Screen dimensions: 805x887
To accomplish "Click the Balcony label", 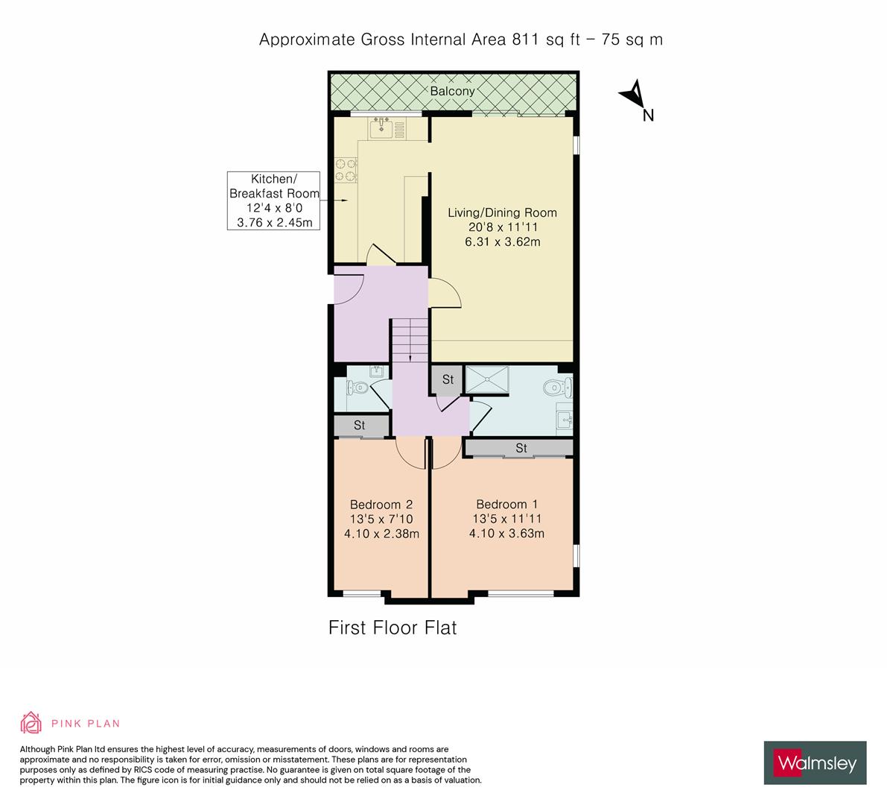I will [x=452, y=91].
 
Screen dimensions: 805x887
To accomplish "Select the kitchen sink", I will [x=382, y=129].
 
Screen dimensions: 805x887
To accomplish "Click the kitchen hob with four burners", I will [x=345, y=169].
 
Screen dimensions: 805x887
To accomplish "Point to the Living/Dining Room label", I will [x=502, y=212].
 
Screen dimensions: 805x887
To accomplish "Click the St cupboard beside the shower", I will [x=448, y=379].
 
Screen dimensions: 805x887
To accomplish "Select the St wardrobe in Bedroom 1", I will [x=521, y=448].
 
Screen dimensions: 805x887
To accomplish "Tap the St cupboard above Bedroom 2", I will [x=360, y=425].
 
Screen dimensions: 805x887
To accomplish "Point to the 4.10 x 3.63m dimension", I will [x=506, y=533].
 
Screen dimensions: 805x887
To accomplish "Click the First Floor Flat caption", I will [x=392, y=628].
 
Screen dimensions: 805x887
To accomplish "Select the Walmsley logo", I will [x=815, y=763].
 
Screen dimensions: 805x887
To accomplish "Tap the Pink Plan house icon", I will [x=32, y=722].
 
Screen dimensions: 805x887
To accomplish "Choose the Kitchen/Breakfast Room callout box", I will [x=274, y=200].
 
